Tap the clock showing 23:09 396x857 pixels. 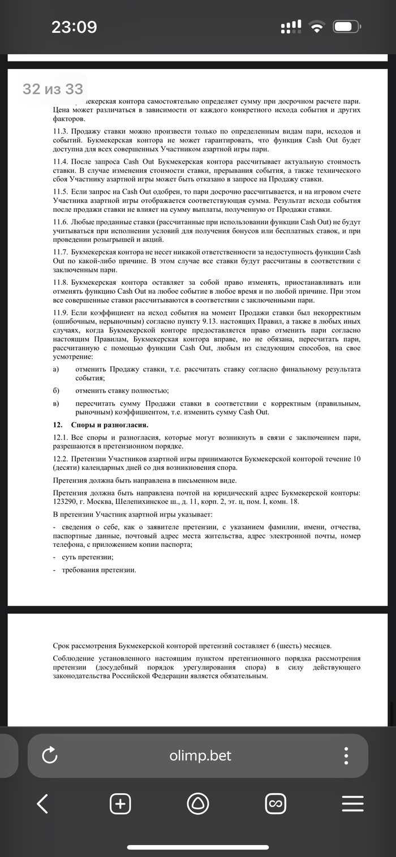click(74, 27)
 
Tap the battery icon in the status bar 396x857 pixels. click(347, 27)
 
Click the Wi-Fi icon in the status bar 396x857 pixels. click(318, 27)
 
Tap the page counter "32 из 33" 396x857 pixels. click(53, 89)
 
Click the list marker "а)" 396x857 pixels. click(55, 369)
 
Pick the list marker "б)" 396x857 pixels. click(55, 390)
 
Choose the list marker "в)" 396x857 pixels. click(55, 403)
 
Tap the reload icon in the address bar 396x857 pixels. click(50, 755)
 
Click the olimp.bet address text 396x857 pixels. click(200, 755)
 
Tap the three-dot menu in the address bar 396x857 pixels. click(346, 755)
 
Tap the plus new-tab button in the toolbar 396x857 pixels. click(120, 803)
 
